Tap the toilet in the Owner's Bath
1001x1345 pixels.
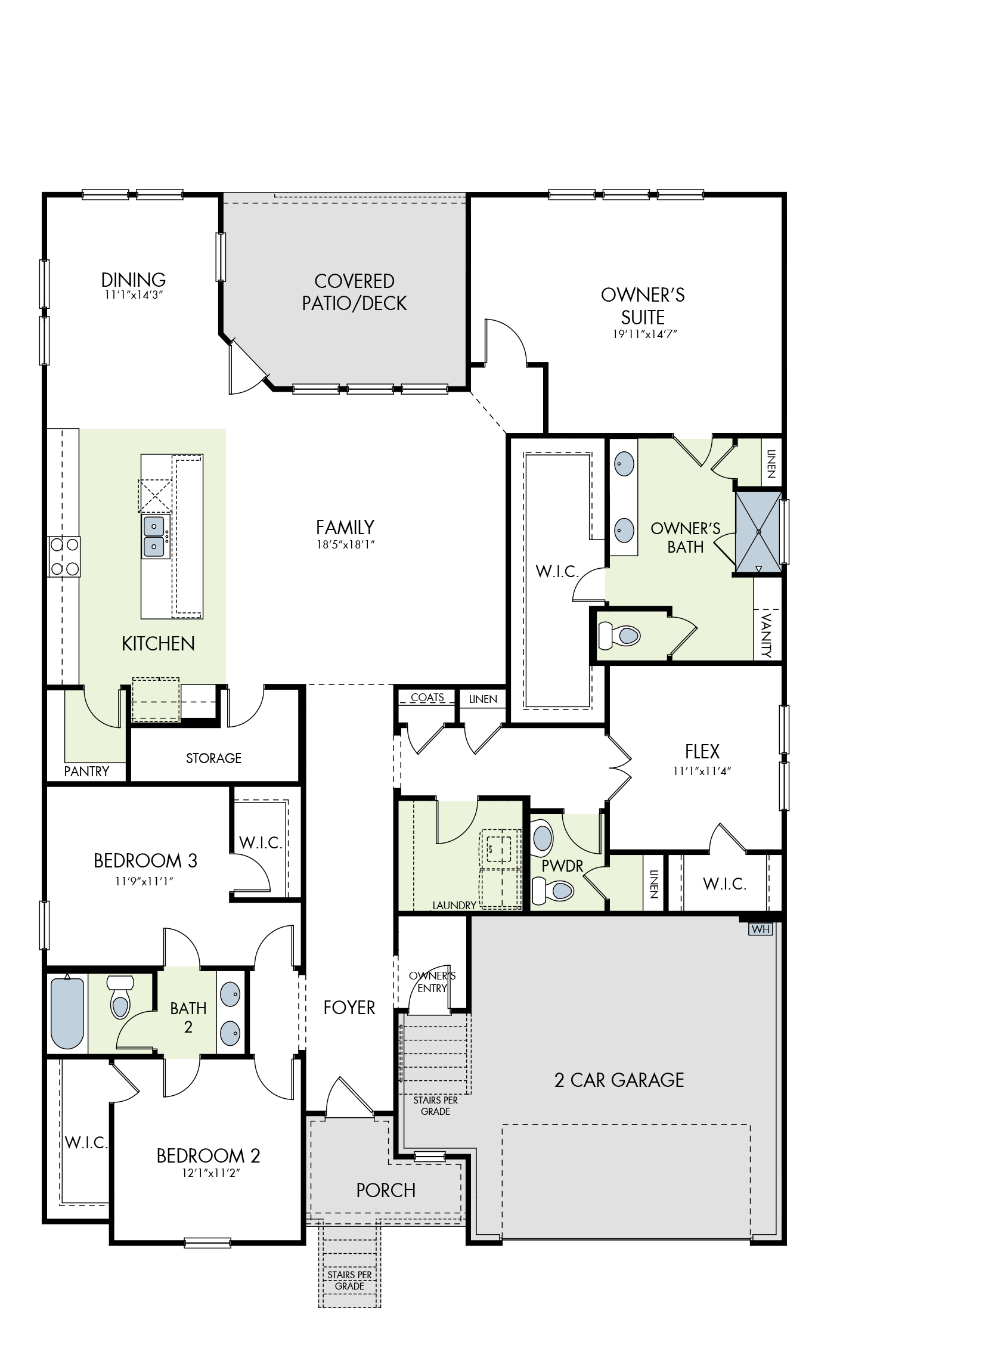tap(619, 636)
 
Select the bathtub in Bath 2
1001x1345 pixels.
tap(67, 1013)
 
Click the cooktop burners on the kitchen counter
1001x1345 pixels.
tap(64, 556)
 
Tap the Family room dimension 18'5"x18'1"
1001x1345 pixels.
tap(345, 545)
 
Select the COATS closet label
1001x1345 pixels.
tap(427, 698)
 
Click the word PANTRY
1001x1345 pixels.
tap(86, 771)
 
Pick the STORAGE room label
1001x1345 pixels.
tap(213, 758)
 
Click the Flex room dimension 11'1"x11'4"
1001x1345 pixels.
tap(702, 771)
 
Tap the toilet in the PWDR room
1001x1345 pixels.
tap(553, 890)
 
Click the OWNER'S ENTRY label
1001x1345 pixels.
tap(432, 981)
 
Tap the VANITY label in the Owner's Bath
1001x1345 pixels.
tap(767, 635)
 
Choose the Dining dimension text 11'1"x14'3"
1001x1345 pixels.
tap(134, 295)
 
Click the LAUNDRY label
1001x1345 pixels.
tap(454, 905)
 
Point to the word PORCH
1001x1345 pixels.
tap(385, 1191)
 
